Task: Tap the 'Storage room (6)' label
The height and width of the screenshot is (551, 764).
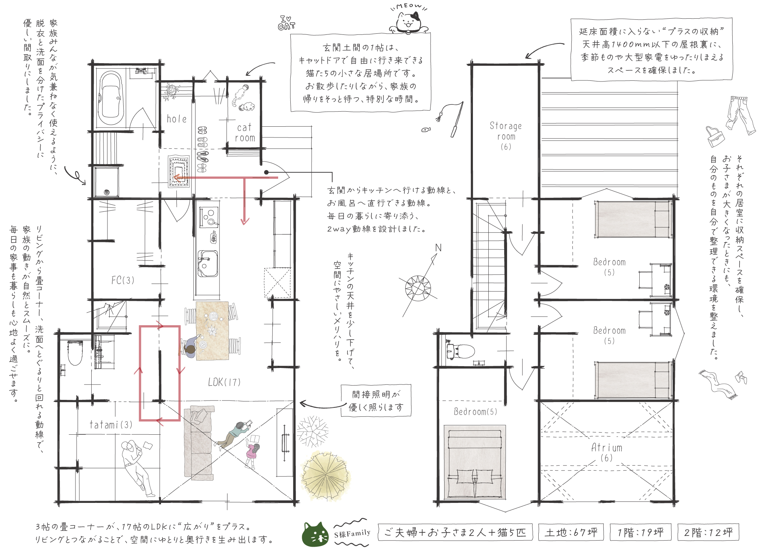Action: click(506, 136)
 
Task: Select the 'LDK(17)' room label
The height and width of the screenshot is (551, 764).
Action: click(224, 382)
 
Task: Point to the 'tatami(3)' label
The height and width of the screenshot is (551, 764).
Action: click(111, 425)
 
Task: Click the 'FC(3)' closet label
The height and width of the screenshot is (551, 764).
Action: click(123, 280)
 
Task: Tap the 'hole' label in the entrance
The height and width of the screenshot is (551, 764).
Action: click(176, 119)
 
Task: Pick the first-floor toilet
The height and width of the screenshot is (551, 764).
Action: click(75, 352)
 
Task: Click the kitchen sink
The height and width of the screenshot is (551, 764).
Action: click(208, 263)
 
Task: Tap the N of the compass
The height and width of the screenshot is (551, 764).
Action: click(438, 248)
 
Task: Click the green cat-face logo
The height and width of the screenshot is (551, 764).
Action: click(315, 534)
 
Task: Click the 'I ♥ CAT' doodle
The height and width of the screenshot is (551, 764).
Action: click(286, 23)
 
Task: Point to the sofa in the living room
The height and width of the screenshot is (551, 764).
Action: click(199, 443)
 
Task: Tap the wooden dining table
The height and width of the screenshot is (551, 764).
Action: click(212, 331)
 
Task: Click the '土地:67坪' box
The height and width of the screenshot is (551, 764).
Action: click(571, 532)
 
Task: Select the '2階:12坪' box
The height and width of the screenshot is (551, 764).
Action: click(708, 532)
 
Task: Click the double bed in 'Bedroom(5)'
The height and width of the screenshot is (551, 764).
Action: click(475, 462)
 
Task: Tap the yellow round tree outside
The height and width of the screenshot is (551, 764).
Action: click(325, 476)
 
